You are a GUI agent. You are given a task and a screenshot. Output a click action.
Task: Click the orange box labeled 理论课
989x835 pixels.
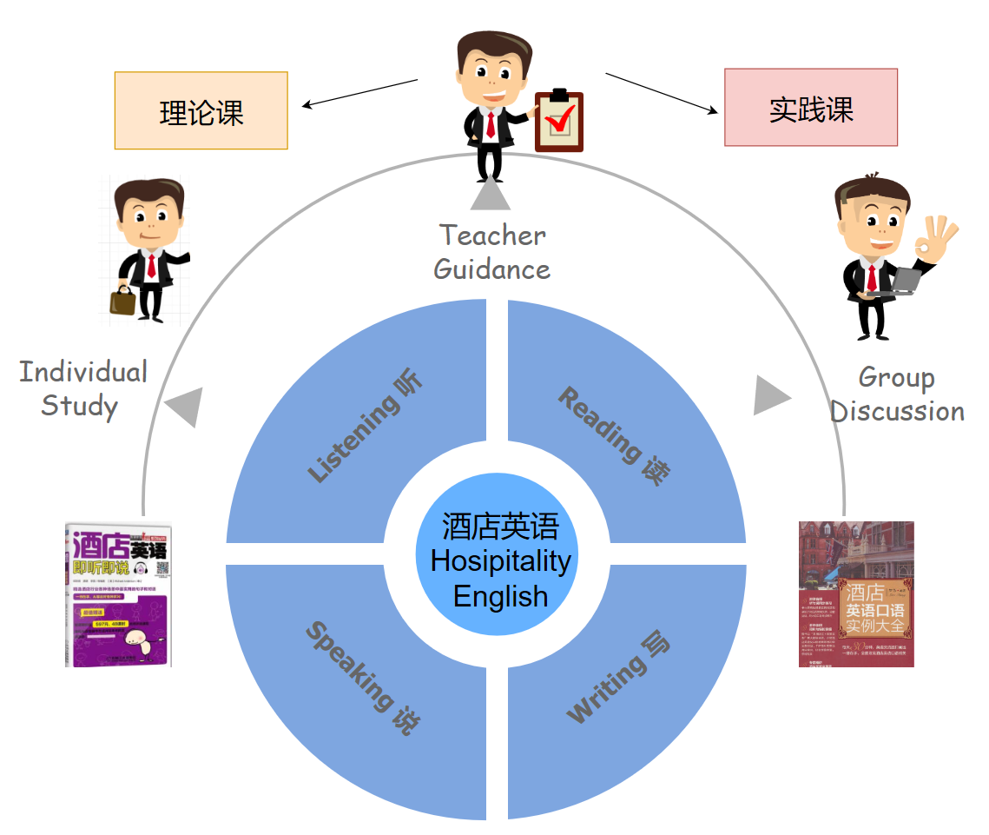(201, 110)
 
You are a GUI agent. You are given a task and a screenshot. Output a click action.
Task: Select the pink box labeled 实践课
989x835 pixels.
(810, 108)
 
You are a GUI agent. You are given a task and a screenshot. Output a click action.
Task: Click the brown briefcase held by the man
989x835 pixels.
(122, 301)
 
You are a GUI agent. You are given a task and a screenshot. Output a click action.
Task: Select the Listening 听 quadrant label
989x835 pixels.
(366, 427)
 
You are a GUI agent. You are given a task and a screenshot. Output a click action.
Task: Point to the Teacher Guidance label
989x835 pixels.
(491, 252)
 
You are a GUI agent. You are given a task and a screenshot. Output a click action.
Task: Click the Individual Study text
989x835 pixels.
(82, 388)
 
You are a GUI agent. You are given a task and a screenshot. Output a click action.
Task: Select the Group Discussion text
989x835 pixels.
(897, 394)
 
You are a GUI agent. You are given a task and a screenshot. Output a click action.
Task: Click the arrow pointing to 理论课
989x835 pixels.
(359, 94)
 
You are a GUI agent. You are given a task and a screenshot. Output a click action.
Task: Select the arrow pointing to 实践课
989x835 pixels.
(663, 93)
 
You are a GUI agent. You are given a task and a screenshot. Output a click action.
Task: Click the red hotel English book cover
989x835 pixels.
(856, 593)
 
